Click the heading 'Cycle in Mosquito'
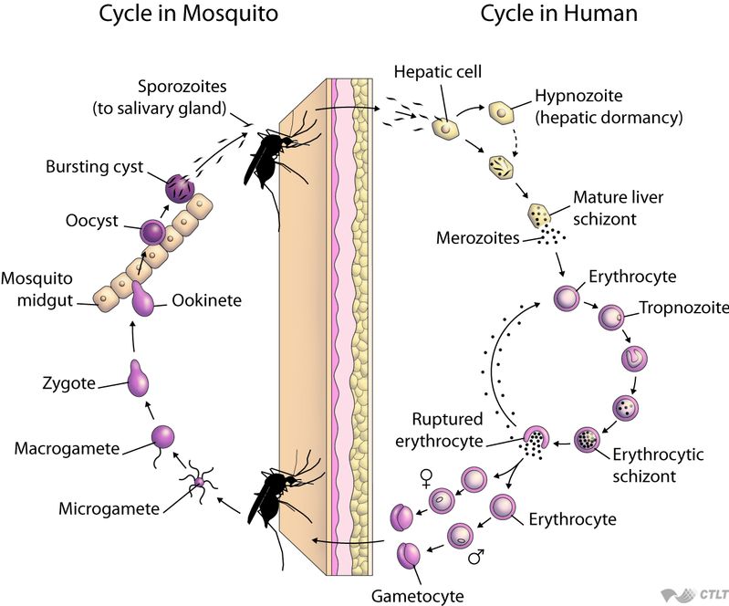[188, 15]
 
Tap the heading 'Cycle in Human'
[559, 15]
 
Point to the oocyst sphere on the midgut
[151, 232]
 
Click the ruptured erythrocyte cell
[535, 442]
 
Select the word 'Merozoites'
[478, 238]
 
